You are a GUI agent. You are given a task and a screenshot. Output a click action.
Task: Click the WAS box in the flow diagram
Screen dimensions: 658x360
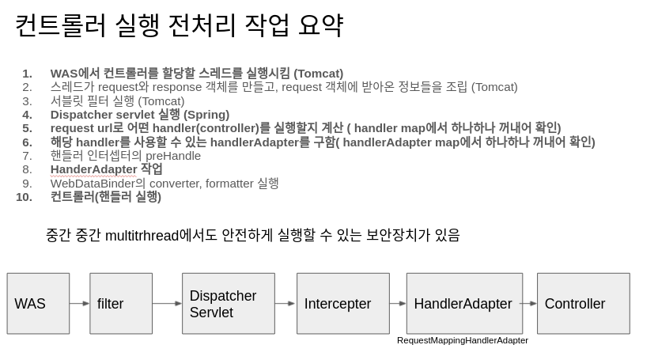pos(38,303)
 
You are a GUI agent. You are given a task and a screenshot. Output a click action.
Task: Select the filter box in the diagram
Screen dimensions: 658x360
pos(121,303)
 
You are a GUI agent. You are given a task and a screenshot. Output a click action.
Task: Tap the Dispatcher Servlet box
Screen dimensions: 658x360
pos(229,303)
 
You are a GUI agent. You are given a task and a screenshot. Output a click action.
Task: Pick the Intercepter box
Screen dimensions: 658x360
pos(343,303)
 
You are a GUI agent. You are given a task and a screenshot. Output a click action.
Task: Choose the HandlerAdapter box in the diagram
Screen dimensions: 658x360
pos(464,303)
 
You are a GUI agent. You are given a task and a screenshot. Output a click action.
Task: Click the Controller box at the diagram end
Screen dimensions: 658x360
pos(583,303)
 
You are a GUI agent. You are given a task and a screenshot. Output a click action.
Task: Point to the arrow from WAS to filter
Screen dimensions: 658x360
pos(80,303)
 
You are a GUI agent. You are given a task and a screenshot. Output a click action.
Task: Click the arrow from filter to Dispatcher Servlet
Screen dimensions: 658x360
pos(167,303)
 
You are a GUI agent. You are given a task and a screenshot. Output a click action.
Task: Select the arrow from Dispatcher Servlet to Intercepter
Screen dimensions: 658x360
pos(286,303)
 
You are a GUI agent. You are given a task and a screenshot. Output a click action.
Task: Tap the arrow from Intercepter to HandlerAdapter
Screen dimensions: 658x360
pos(398,303)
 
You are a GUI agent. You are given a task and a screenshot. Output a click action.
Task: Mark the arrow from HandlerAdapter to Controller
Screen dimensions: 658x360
pos(530,303)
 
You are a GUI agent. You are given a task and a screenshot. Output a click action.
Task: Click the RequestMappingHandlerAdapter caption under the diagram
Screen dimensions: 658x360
pos(463,340)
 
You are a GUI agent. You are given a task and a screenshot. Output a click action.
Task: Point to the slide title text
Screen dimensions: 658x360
pos(179,25)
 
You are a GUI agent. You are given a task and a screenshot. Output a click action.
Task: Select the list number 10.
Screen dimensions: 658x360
pos(24,197)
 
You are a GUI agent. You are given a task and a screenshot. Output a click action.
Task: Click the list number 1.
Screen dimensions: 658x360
pos(27,74)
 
